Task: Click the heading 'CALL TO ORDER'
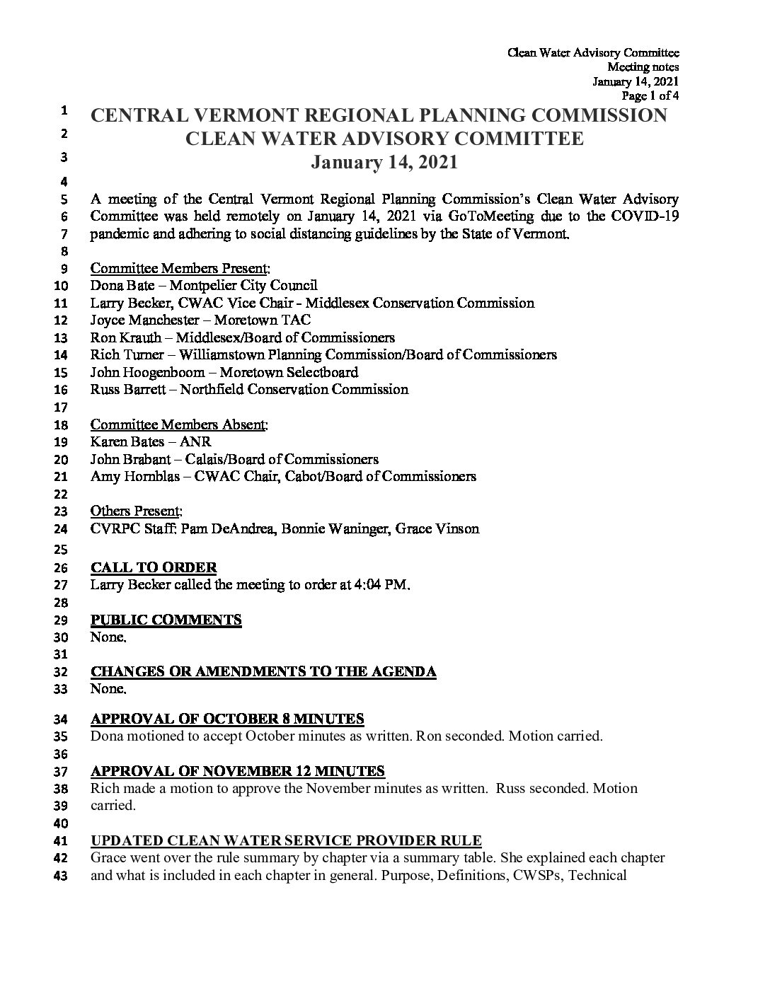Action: pyautogui.click(x=154, y=567)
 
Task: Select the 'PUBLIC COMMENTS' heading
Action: pyautogui.click(x=166, y=620)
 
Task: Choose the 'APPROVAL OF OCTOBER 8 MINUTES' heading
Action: pyautogui.click(x=228, y=719)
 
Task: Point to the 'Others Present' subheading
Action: pyautogui.click(x=136, y=511)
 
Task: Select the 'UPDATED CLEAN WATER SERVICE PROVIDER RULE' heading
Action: pyautogui.click(x=287, y=840)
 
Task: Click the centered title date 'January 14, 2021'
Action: pyautogui.click(x=385, y=162)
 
